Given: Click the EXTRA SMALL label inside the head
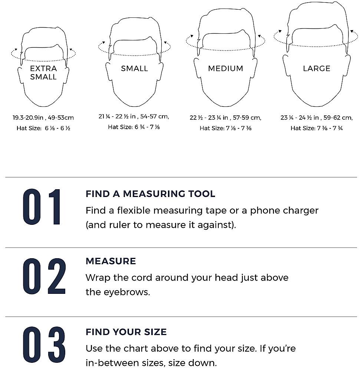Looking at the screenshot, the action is pos(43,73).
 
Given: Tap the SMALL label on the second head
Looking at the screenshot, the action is pos(134,68).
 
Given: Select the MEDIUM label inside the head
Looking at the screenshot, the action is pos(225,68).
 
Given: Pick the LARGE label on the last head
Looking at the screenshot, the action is pos(317,68).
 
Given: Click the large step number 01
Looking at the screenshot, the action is pos(42,207).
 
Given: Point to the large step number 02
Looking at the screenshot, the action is pos(44,276).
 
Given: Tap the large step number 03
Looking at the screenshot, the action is pos(44,345).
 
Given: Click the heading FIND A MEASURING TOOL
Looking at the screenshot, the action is pos(150,194).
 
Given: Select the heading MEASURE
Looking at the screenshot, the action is pos(110,261).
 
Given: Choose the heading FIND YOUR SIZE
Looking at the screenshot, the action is pos(126,332).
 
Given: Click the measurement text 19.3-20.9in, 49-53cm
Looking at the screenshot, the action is pos(43,118).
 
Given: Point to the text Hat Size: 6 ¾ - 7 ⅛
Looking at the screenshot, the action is pos(134,127).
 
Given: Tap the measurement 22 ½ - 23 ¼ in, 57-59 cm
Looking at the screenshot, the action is pos(225,118).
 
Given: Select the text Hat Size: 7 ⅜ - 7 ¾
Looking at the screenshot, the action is pos(317,128).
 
